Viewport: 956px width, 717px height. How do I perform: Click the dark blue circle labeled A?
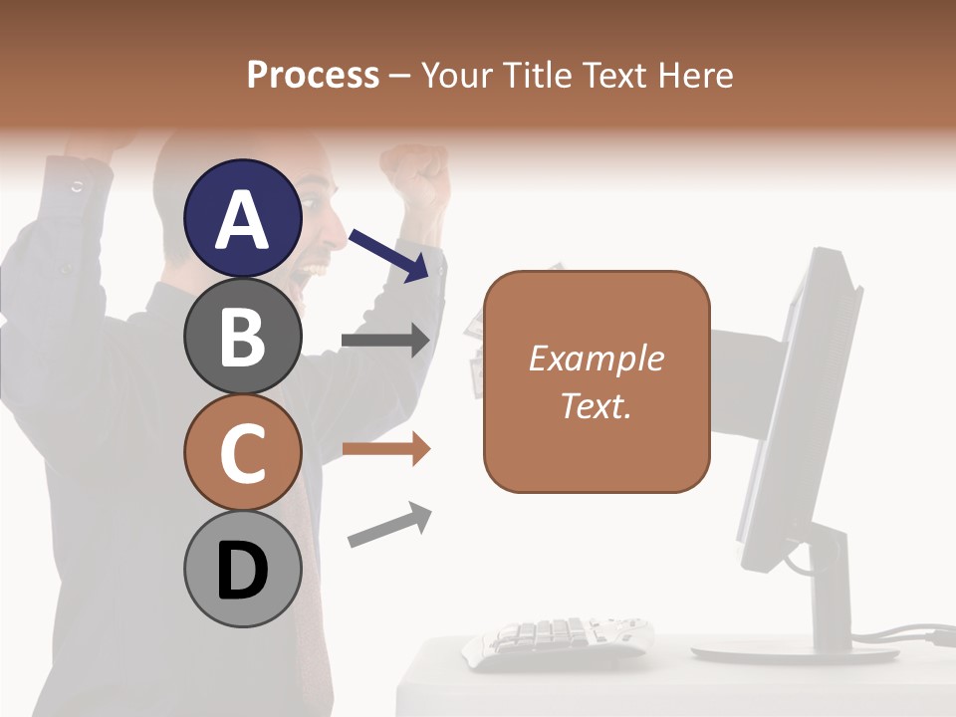tap(243, 219)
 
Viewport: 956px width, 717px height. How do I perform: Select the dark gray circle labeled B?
tap(243, 336)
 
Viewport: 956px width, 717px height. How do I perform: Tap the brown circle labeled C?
tap(243, 453)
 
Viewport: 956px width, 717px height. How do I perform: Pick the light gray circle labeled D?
tap(243, 570)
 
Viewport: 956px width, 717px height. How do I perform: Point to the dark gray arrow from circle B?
tap(384, 341)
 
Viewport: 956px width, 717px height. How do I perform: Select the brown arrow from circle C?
tap(384, 449)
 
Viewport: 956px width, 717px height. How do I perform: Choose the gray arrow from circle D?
tap(388, 525)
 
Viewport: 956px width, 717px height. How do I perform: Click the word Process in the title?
tap(313, 75)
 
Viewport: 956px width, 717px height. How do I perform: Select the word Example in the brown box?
tap(596, 358)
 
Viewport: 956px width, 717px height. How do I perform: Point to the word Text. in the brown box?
tap(596, 405)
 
